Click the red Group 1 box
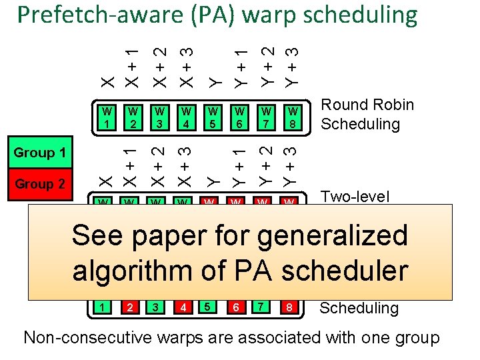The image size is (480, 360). coord(39,153)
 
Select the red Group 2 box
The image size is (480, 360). coord(39,184)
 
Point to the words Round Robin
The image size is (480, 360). coord(367,105)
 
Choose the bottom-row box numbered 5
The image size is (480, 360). coord(209,307)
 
